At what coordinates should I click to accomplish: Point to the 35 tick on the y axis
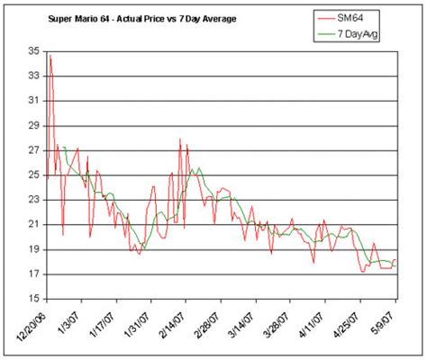[33, 52]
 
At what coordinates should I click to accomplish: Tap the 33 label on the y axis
[33, 76]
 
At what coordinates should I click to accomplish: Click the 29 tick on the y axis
[33, 126]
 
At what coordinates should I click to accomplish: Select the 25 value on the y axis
[33, 175]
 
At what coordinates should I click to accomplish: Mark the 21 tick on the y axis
[33, 224]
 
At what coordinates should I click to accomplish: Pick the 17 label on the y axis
[33, 274]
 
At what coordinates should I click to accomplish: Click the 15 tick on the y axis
[33, 298]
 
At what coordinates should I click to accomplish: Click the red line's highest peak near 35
[50, 57]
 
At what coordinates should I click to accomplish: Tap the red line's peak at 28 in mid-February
[180, 139]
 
